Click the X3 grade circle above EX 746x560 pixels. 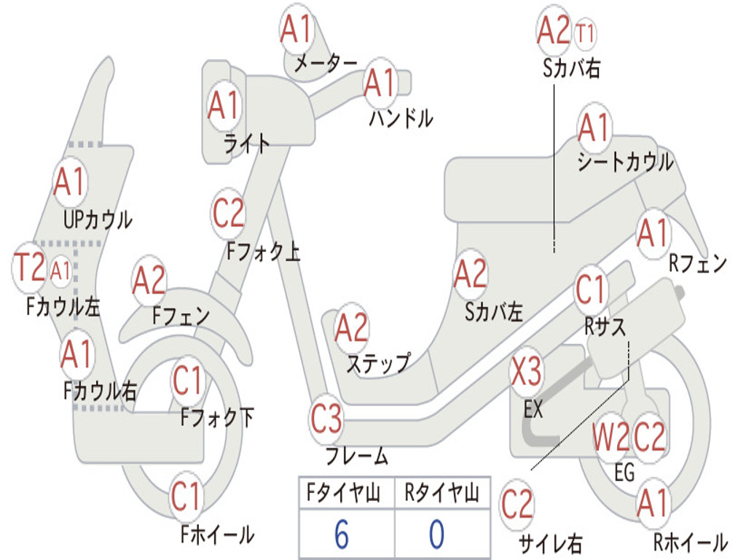click(x=526, y=373)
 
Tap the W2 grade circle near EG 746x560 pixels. click(x=610, y=437)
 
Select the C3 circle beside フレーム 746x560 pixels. click(x=326, y=419)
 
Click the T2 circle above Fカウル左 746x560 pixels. click(x=31, y=268)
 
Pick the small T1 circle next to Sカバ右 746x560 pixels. click(x=585, y=33)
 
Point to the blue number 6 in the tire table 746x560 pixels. click(x=342, y=535)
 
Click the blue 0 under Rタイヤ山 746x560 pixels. click(x=437, y=535)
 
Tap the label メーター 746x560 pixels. click(x=326, y=64)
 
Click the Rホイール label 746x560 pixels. click(x=690, y=542)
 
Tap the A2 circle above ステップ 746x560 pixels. click(x=352, y=328)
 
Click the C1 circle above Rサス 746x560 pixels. click(x=591, y=289)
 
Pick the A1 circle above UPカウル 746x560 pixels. click(x=70, y=182)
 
